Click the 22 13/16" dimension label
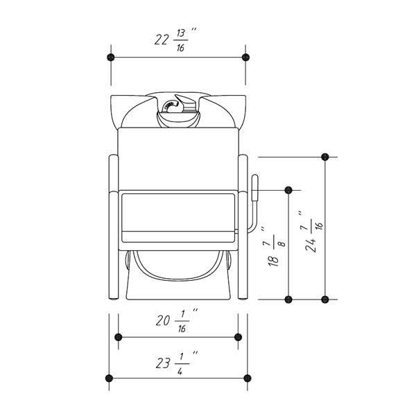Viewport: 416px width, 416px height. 175,40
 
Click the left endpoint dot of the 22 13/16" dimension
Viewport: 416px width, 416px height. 111,57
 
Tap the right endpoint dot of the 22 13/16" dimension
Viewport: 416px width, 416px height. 246,57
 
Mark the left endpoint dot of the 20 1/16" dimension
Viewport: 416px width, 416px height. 118,337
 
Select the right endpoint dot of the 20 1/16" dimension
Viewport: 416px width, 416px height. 239,337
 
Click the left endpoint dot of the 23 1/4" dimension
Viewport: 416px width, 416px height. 109,378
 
